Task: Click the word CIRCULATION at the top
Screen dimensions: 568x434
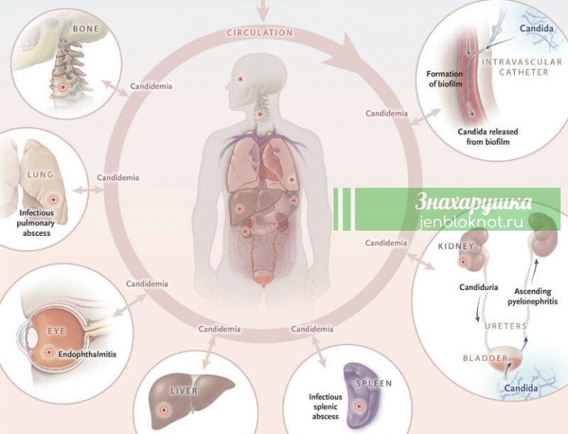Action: point(260,33)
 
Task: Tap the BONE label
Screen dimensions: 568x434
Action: point(86,29)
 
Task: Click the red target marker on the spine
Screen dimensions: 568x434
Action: point(63,87)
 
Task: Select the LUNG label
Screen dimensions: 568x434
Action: point(40,174)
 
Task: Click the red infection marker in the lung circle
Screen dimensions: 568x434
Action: point(53,199)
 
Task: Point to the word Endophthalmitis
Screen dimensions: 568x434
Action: point(87,354)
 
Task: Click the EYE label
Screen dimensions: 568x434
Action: point(56,331)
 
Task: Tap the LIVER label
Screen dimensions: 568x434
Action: point(184,391)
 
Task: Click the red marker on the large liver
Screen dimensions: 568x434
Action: point(163,410)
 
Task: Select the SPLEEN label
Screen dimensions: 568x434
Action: point(373,383)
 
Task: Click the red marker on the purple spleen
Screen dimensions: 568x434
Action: point(359,406)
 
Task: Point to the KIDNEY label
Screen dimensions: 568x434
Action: point(456,246)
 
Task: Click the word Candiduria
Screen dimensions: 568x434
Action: point(479,288)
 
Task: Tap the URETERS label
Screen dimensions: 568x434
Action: point(506,326)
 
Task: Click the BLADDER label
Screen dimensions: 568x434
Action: point(485,359)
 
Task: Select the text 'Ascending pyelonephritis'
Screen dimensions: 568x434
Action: point(532,296)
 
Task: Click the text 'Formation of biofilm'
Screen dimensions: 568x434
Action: point(444,78)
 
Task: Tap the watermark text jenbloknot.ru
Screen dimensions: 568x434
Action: point(471,222)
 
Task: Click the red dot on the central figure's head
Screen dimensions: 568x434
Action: point(240,78)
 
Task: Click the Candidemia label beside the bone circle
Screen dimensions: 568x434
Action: point(151,87)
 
